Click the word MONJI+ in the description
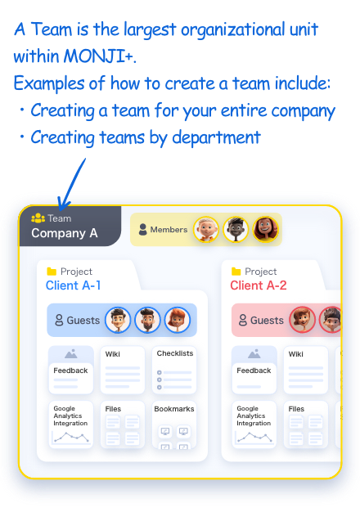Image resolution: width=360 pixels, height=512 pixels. (99, 56)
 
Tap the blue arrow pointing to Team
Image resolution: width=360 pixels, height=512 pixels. (71, 185)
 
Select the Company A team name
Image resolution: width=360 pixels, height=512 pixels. (65, 233)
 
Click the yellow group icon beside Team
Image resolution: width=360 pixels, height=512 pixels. (38, 218)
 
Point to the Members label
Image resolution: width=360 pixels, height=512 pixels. (169, 230)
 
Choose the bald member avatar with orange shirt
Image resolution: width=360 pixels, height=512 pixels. (206, 230)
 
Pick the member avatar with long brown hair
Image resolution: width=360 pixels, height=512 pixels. (266, 230)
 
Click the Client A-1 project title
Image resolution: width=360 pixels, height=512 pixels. (73, 285)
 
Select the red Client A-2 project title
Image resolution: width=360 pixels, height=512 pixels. (259, 285)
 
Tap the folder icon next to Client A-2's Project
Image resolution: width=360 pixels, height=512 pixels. (236, 272)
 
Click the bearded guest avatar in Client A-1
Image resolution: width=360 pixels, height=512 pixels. (147, 320)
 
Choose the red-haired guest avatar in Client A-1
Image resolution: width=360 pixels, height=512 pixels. (178, 320)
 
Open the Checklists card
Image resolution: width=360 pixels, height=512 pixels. (174, 370)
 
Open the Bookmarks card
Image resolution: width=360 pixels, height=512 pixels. (174, 424)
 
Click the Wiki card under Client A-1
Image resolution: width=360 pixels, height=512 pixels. (123, 370)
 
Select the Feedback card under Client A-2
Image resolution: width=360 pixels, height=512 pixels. (254, 370)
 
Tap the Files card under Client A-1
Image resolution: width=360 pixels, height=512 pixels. (123, 424)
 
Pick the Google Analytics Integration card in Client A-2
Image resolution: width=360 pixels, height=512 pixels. (254, 424)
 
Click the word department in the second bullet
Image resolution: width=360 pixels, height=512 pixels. (216, 137)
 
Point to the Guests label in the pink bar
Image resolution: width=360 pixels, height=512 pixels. (267, 321)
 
